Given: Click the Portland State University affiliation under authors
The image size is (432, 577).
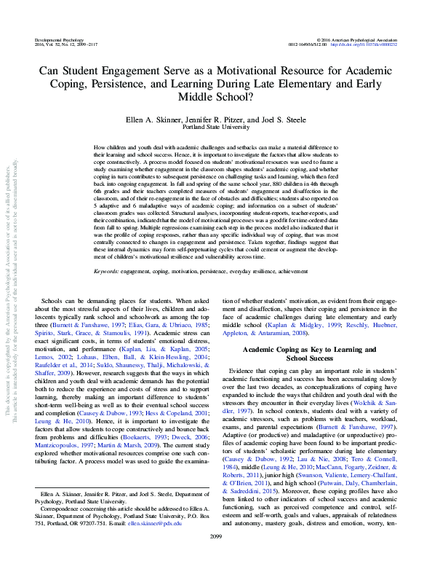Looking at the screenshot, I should [x=216, y=125].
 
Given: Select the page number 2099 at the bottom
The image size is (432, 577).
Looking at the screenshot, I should [x=216, y=556].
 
